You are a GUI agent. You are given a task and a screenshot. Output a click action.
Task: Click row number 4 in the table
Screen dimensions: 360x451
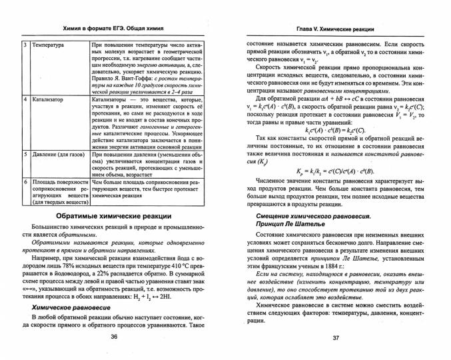coord(25,99)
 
